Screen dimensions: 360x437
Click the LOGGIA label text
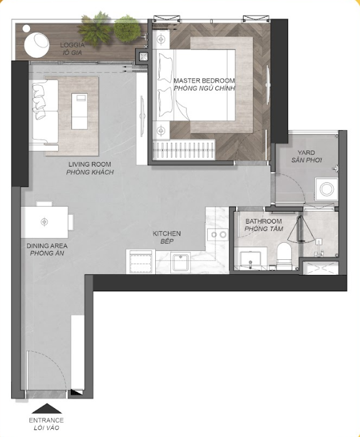(72, 45)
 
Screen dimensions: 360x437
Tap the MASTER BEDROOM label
(204, 81)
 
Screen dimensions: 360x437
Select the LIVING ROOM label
(90, 165)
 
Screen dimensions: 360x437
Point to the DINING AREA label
(47, 246)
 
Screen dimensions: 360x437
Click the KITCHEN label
(167, 234)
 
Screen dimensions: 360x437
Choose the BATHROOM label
(264, 221)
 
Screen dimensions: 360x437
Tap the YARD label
(306, 153)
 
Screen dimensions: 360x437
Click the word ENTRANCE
(46, 420)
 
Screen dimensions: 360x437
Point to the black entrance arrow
(46, 408)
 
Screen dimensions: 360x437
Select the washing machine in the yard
(327, 190)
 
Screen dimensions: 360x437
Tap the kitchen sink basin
(180, 262)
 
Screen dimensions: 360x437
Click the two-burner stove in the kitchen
(217, 235)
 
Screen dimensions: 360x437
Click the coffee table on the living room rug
(80, 111)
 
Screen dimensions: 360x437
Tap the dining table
(44, 222)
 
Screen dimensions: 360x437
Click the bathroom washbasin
(251, 260)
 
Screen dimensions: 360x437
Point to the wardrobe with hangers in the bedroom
(185, 150)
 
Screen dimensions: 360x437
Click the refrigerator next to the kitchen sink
(141, 262)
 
